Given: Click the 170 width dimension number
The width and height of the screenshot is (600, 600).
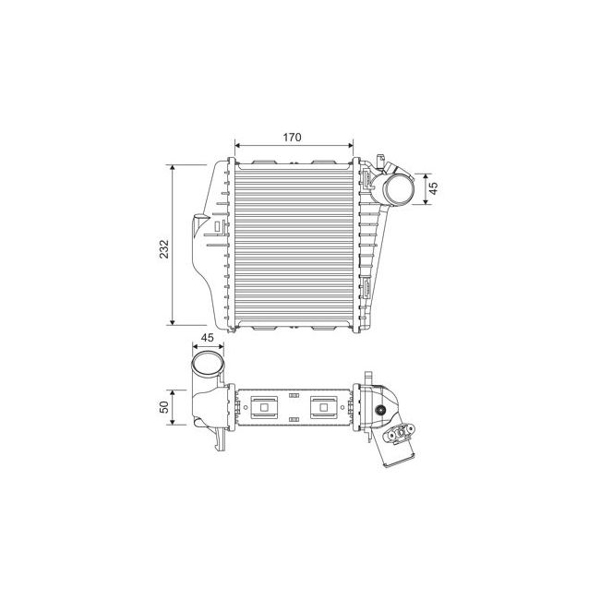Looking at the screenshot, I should point(292,138).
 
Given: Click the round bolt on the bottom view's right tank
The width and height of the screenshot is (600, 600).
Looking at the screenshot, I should point(380,410).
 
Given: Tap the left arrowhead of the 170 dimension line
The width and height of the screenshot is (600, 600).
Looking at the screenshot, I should point(239,145).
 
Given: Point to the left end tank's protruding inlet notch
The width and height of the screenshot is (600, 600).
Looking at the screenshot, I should point(197,236).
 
